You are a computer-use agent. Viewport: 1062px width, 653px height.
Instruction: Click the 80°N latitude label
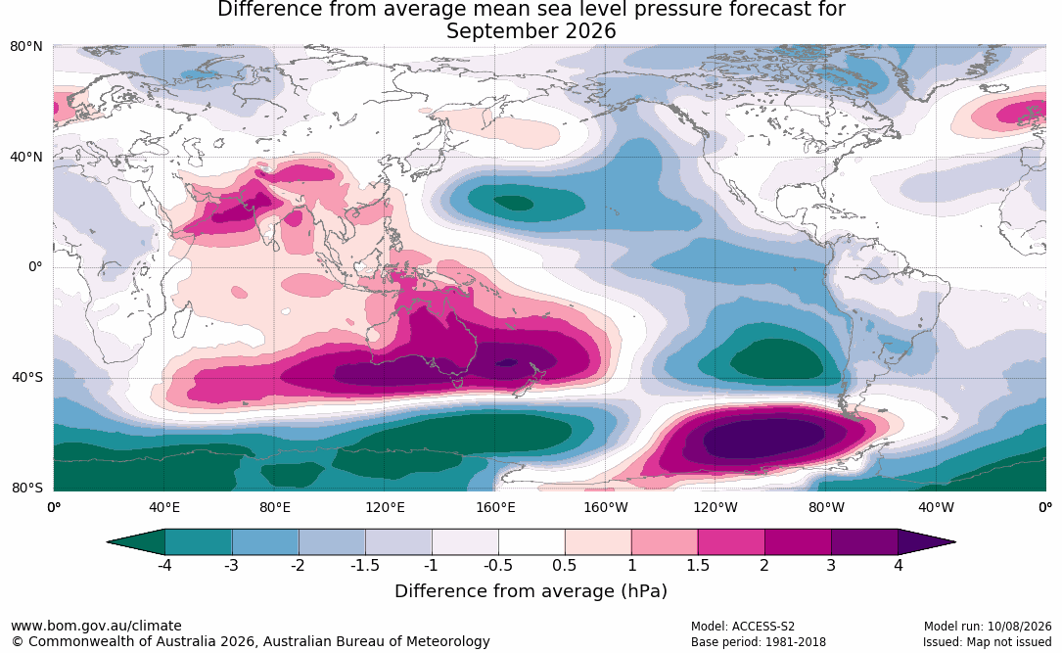[25, 47]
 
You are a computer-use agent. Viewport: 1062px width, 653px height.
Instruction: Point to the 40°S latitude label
[27, 377]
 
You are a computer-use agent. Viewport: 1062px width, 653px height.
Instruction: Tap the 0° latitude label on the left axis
[35, 267]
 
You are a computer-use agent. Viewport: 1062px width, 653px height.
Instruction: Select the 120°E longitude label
[385, 507]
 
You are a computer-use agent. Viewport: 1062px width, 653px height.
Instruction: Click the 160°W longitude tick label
[606, 507]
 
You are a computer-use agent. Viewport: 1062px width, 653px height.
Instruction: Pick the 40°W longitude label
[936, 507]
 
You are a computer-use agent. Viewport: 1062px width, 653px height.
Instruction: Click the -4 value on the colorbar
[164, 565]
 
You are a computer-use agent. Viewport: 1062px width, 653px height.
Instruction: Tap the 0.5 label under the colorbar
[564, 565]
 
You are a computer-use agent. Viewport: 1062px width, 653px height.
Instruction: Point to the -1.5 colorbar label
[364, 565]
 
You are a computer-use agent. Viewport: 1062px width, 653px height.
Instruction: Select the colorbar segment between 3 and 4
[865, 542]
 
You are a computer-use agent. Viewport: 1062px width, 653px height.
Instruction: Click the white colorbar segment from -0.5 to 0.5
[531, 542]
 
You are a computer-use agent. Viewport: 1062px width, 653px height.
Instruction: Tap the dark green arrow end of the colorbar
[136, 542]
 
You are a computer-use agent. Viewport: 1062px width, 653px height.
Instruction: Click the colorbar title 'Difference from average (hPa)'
[531, 591]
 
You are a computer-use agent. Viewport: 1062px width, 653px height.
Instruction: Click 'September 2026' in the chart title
[531, 31]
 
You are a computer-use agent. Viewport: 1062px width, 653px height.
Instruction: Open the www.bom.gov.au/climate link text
[96, 626]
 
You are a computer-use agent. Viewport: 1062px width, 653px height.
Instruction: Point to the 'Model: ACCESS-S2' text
[743, 627]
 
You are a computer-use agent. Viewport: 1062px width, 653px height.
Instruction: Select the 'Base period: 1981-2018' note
[759, 642]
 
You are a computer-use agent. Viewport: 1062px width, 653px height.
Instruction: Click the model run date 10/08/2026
[1019, 627]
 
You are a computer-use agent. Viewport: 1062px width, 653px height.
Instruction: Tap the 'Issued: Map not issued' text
[987, 642]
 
